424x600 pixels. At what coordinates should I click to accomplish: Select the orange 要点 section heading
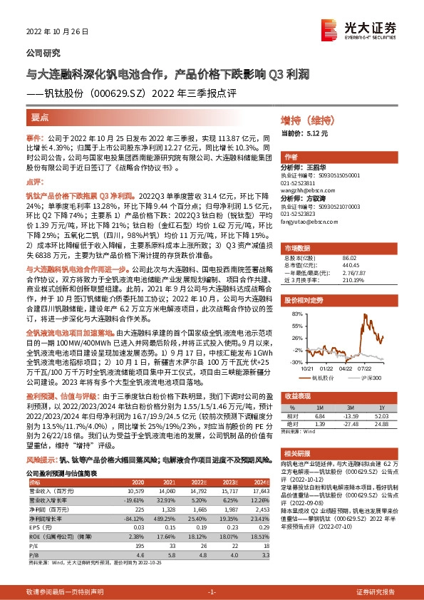pos(40,118)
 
